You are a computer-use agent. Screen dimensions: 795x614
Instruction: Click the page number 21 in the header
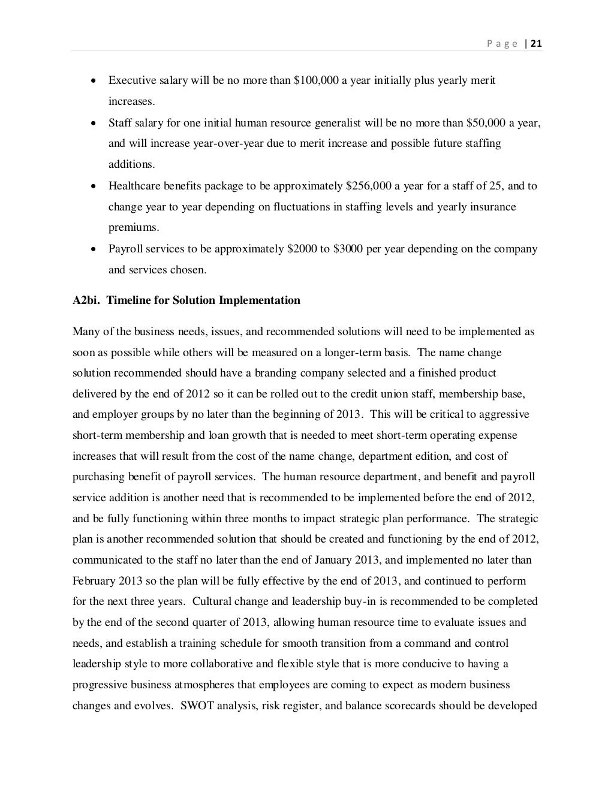pyautogui.click(x=537, y=43)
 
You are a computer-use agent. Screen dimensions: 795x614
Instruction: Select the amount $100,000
pyautogui.click(x=317, y=81)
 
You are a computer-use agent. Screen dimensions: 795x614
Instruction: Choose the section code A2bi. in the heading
pyautogui.click(x=86, y=300)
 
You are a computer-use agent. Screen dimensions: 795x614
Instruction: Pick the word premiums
pyautogui.click(x=134, y=228)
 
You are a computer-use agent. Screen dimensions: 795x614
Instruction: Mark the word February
pyautogui.click(x=94, y=581)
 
